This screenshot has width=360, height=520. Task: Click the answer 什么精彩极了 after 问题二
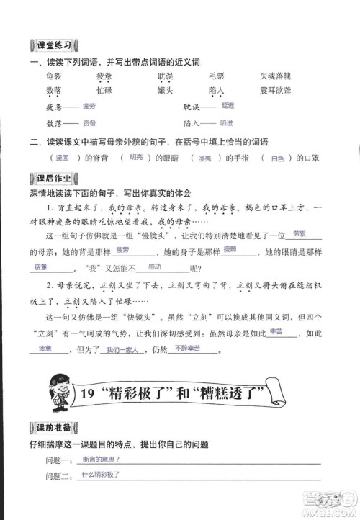click(x=101, y=475)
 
